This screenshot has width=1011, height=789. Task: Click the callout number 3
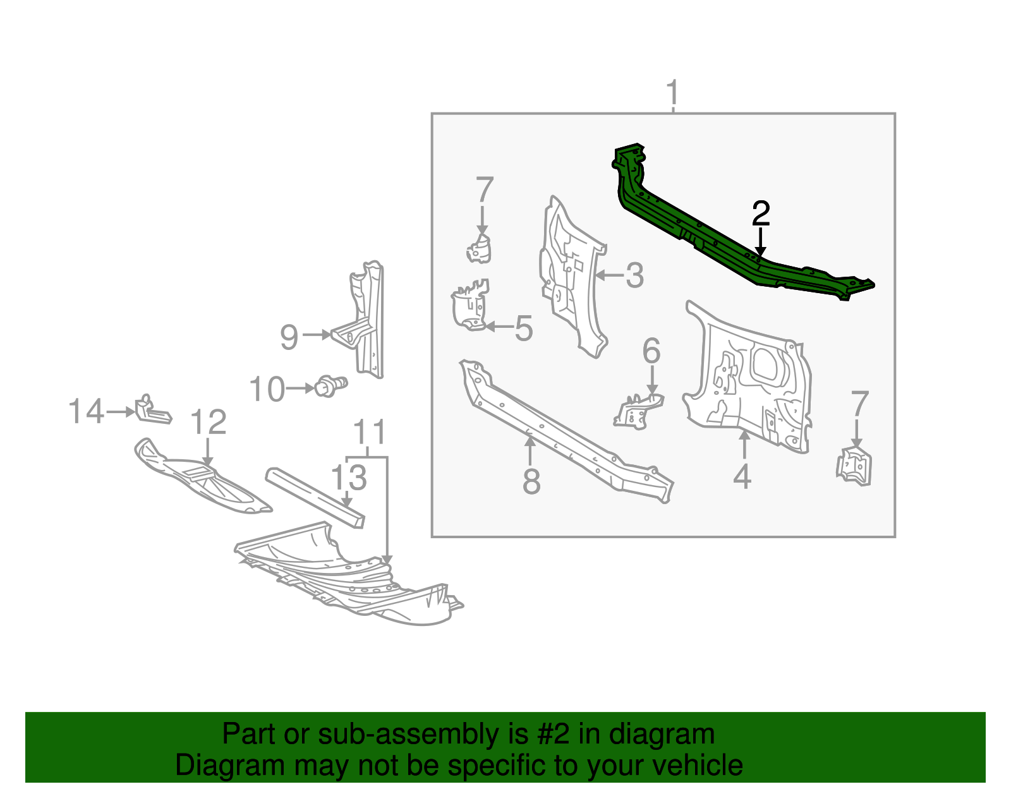634,275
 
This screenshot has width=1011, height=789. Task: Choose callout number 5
523,328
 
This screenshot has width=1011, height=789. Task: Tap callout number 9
289,337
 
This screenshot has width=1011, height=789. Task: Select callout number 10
267,389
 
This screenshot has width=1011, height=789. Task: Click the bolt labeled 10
330,385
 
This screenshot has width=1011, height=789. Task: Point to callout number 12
208,422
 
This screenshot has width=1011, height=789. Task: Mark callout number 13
349,478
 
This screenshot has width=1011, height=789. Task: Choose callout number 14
86,411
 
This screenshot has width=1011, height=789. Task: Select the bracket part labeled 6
638,411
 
